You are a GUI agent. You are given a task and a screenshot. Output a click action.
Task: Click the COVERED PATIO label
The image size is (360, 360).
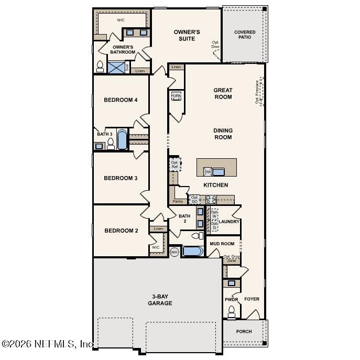point(245,35)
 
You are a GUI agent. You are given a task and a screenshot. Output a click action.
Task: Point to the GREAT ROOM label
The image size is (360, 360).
point(223,93)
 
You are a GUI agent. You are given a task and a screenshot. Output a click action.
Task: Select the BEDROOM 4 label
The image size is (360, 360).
point(121,100)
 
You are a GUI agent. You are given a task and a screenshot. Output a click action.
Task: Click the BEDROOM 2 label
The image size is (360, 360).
point(121,231)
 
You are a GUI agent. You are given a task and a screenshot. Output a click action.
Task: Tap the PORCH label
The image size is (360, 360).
point(244,331)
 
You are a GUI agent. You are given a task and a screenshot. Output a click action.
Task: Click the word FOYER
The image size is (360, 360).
point(252,299)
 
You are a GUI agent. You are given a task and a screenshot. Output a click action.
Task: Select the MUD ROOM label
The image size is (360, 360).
point(222,244)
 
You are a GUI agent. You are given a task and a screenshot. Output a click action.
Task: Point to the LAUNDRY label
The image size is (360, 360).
point(229,222)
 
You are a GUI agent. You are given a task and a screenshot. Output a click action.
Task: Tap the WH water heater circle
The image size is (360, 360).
point(174,252)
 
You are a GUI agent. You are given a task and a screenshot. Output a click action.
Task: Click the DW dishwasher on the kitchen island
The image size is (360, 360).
point(208,172)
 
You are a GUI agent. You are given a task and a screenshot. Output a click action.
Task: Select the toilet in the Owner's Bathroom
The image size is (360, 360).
point(100,67)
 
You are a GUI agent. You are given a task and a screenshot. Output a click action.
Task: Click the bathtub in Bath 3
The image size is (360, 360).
point(122,140)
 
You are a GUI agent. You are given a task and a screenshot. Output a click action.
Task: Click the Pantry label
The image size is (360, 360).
point(178,201)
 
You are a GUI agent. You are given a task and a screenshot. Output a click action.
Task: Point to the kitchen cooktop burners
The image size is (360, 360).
point(211,199)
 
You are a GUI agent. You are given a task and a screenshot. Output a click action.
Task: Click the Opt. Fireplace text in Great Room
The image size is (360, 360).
point(257,92)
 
